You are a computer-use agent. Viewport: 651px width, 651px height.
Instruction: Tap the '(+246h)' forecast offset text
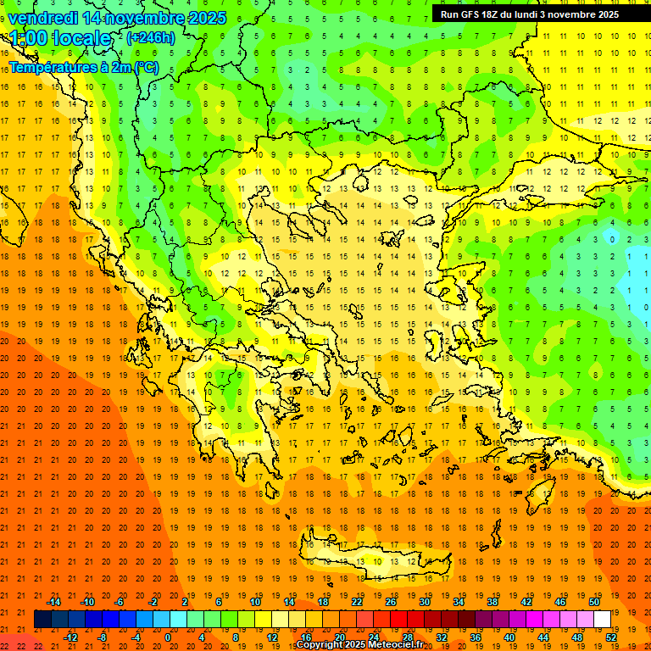click(151, 37)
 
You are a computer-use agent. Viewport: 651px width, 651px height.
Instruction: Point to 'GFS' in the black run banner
click(470, 14)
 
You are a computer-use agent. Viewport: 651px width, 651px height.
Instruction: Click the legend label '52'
click(611, 637)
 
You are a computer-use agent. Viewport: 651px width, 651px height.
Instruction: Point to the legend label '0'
click(168, 637)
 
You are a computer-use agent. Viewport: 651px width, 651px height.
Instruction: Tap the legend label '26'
click(391, 602)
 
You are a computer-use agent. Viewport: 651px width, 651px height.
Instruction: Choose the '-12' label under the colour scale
click(71, 637)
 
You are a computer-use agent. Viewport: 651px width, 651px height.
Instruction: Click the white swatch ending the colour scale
click(603, 620)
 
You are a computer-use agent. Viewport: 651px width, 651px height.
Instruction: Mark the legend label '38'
click(492, 602)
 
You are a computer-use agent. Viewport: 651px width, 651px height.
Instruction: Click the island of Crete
click(373, 564)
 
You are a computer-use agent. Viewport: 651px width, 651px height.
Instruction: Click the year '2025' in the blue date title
click(207, 18)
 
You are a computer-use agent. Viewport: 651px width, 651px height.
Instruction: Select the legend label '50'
click(594, 602)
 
